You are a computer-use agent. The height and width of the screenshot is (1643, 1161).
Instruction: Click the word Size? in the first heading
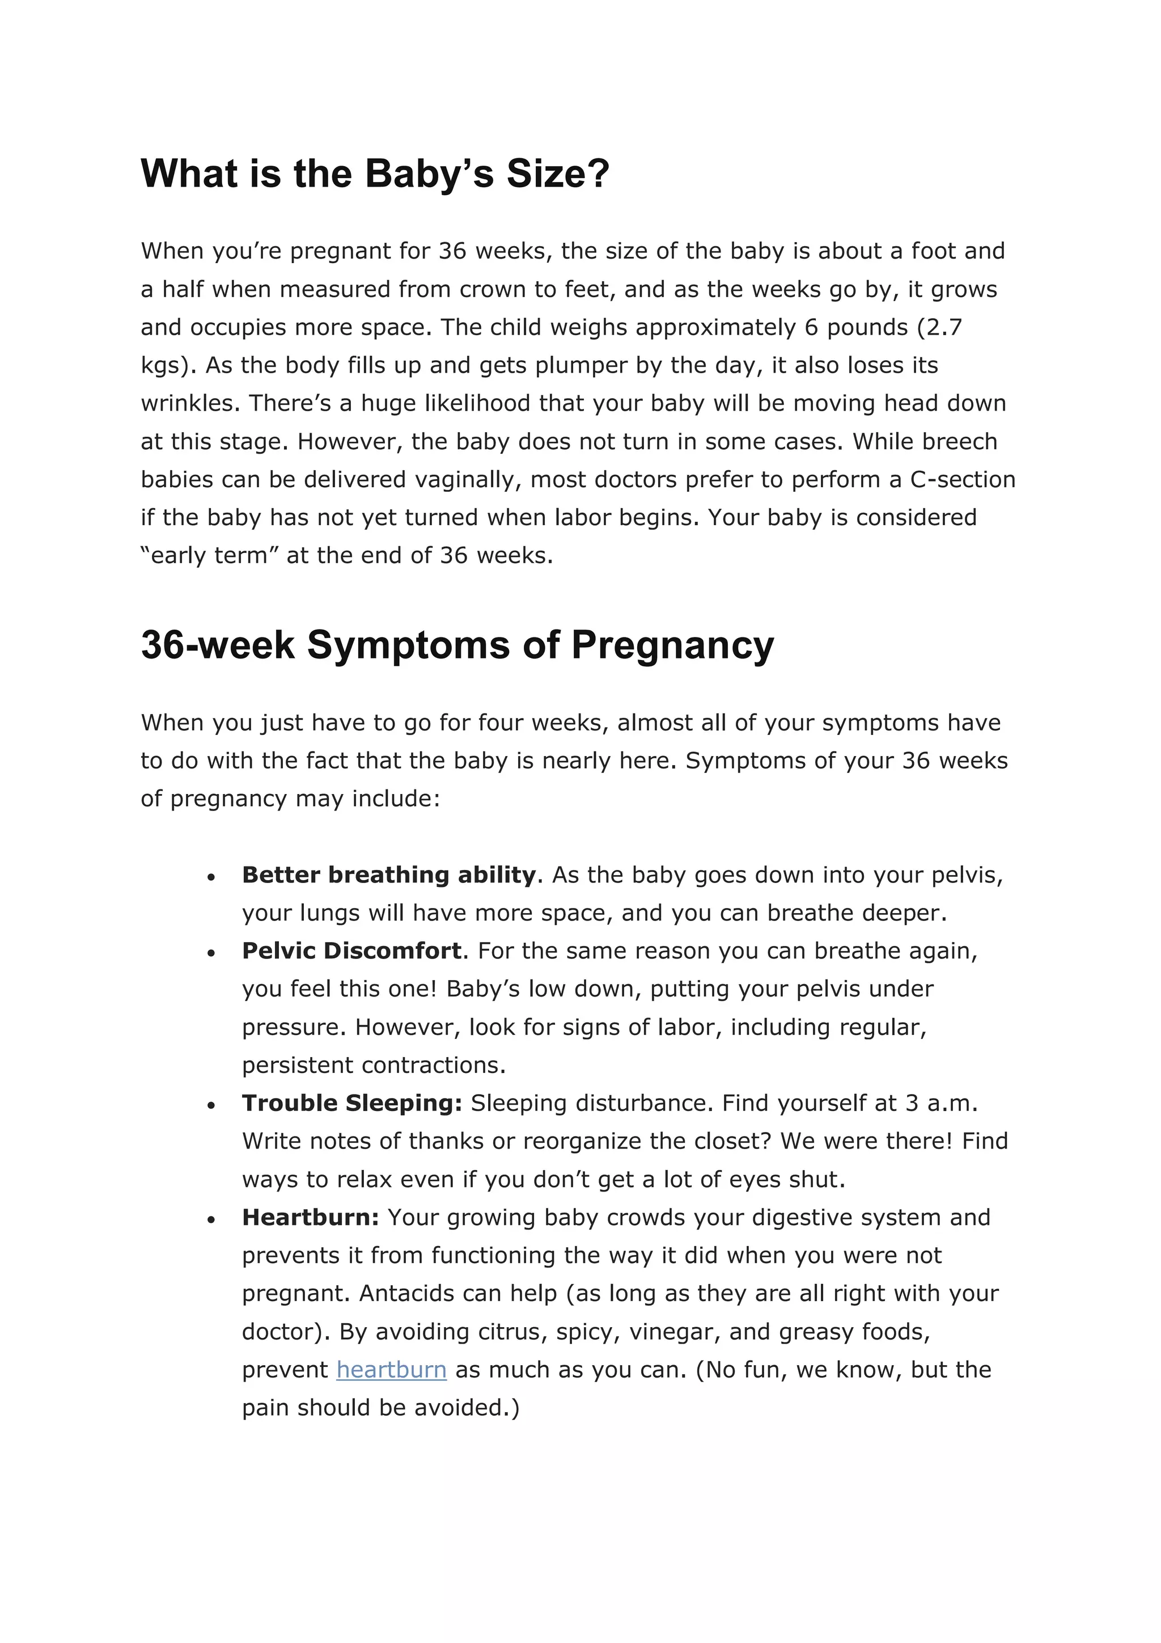[558, 174]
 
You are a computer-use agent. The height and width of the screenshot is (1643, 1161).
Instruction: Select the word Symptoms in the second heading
[408, 645]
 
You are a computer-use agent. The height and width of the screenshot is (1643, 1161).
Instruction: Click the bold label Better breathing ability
[388, 875]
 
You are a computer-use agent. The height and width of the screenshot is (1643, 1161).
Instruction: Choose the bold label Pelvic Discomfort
[351, 951]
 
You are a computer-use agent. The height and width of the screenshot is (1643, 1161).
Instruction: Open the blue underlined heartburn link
[391, 1370]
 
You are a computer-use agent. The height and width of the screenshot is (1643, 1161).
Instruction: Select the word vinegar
[673, 1332]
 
